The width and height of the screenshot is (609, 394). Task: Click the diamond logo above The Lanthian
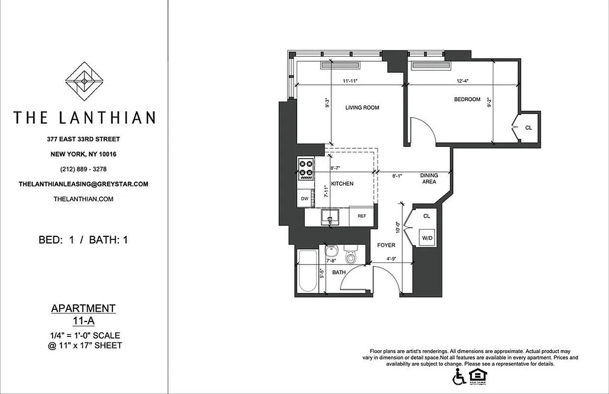84,81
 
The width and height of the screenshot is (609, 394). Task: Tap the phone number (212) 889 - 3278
84,169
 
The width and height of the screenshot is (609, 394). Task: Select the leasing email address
83,184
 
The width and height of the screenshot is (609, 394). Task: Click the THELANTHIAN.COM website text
83,199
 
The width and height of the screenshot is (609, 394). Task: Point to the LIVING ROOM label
362,107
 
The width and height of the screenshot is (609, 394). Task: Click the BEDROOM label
467,99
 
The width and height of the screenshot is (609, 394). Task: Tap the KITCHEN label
342,184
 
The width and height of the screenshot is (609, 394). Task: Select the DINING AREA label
429,178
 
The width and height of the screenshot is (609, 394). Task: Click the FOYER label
386,245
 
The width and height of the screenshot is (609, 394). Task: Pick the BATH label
338,272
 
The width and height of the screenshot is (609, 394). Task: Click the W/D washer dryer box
427,239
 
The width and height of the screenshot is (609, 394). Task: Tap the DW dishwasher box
305,199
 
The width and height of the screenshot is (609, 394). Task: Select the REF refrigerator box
362,216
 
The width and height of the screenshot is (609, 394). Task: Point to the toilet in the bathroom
351,257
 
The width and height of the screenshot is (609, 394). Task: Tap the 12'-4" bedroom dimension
462,81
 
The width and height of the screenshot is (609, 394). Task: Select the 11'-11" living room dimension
350,81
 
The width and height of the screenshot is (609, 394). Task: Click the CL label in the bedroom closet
528,128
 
